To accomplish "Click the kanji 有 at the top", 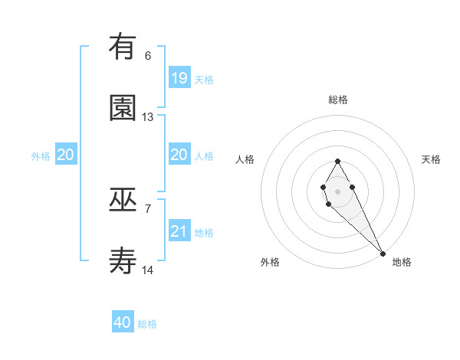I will point(123,47).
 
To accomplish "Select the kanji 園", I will point(123,108).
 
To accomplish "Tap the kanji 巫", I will point(123,200).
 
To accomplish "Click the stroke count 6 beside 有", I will point(148,56).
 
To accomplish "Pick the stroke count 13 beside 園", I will point(148,117).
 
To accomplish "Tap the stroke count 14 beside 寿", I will point(148,270).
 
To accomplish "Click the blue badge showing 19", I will point(179,77).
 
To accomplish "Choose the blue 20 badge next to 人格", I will point(179,155).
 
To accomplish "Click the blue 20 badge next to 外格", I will point(66,155).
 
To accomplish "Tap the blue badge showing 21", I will point(179,231).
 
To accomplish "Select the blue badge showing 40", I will point(123,322).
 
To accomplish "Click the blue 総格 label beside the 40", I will point(147,324).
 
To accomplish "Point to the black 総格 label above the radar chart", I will point(338,100).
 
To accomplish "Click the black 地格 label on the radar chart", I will point(402,262).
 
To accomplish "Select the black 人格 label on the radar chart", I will point(245,159).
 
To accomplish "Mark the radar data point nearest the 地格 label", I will point(383,253).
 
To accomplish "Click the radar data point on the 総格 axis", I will point(337,161).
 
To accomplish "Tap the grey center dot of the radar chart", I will point(337,191).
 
